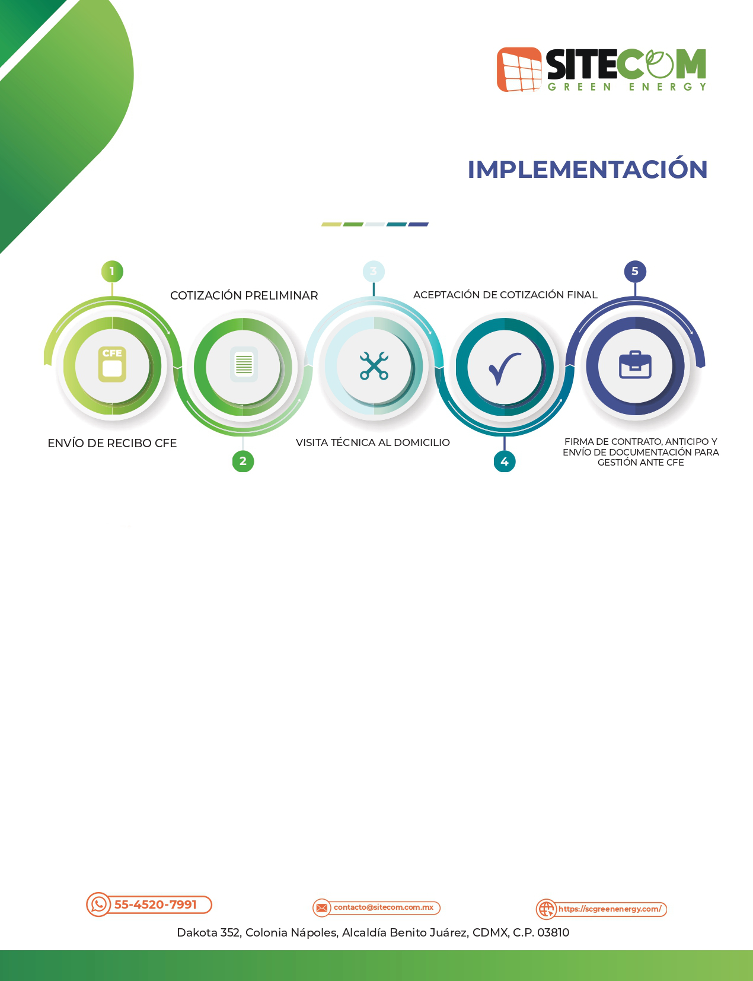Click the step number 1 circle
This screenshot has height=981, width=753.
(x=112, y=271)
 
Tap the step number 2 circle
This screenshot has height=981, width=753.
(x=243, y=461)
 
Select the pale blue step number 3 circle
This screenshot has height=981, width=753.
(x=374, y=271)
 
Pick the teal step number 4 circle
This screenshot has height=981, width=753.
(x=505, y=461)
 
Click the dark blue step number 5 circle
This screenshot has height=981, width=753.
(x=635, y=271)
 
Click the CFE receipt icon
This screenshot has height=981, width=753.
(x=112, y=364)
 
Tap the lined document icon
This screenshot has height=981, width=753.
(x=244, y=364)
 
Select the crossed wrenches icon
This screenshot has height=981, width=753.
(x=374, y=365)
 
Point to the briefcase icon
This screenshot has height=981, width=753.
(x=635, y=365)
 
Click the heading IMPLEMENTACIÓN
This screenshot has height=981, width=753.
(x=588, y=169)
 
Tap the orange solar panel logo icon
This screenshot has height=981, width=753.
(x=519, y=69)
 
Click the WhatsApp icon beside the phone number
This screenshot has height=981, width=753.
(x=98, y=904)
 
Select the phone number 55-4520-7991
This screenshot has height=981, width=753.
(x=156, y=904)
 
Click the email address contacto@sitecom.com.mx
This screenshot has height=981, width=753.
(x=384, y=907)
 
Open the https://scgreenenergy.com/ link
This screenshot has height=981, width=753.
(x=610, y=909)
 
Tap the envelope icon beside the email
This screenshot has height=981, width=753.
(x=322, y=907)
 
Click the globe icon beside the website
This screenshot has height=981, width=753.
(x=546, y=909)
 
